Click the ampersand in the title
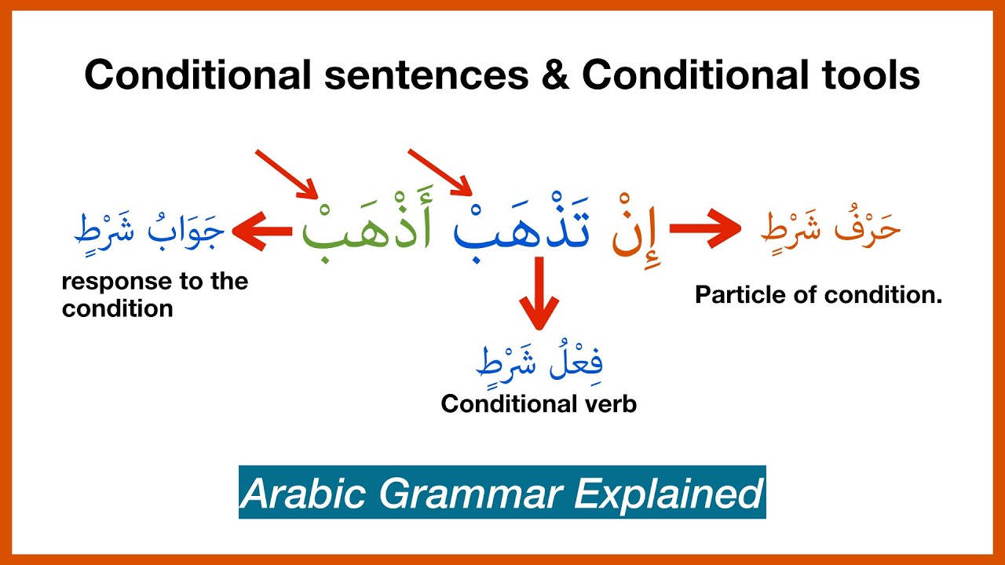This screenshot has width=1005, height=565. pos(555,76)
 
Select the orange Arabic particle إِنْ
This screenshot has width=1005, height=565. pos(638,231)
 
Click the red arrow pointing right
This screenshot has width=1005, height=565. pos(704,229)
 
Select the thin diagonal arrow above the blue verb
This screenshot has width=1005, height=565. pos(440,173)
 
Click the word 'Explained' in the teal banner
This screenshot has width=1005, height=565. pos(668,494)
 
